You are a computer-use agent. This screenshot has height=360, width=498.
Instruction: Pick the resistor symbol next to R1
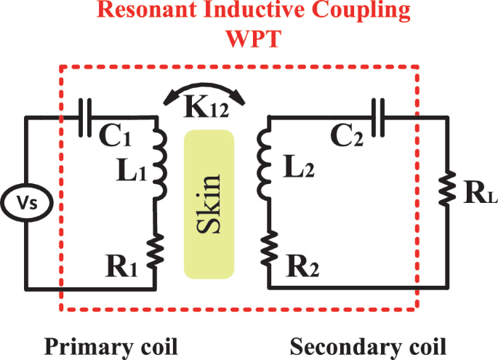[x=157, y=250]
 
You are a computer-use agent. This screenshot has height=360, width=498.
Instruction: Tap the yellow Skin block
[x=209, y=204]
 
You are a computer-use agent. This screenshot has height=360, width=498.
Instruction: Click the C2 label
[x=346, y=136]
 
